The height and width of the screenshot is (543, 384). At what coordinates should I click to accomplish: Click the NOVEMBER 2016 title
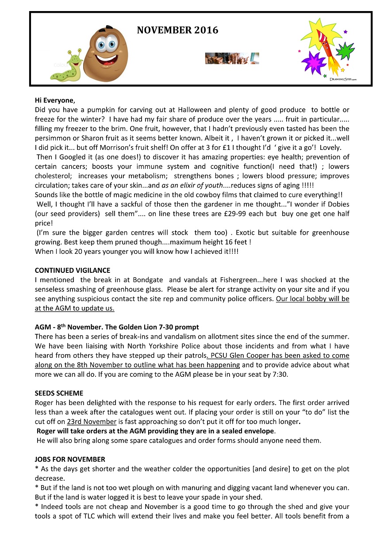coord(177,31)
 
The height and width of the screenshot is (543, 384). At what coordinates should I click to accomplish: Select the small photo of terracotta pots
coord(232,58)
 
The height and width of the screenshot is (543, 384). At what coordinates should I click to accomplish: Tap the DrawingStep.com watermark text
coord(343,79)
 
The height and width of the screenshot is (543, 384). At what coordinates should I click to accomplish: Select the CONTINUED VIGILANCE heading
coord(73,270)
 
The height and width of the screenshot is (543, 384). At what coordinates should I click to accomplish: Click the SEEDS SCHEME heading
coord(59,393)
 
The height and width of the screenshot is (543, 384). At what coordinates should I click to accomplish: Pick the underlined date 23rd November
coord(92,421)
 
